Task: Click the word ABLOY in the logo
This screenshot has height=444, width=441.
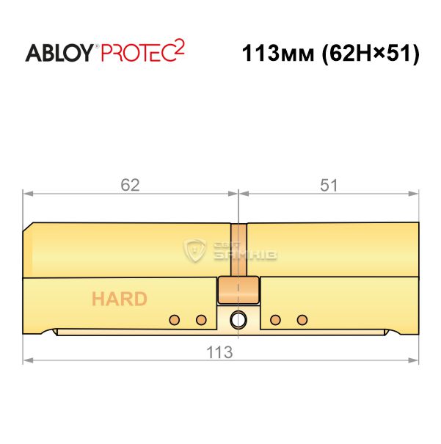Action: [59, 53]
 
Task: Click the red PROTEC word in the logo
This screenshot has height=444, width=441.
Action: [138, 53]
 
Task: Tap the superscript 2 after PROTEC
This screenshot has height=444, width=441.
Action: [180, 48]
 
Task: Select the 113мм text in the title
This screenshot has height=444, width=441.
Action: [277, 54]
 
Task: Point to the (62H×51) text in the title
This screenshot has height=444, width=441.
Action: [371, 54]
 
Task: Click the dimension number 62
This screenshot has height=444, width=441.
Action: [130, 185]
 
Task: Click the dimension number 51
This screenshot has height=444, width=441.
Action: [329, 186]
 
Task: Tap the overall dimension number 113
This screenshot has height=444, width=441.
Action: [219, 352]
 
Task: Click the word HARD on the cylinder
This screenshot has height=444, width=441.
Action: [120, 299]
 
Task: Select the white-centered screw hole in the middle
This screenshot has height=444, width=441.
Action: [238, 320]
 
